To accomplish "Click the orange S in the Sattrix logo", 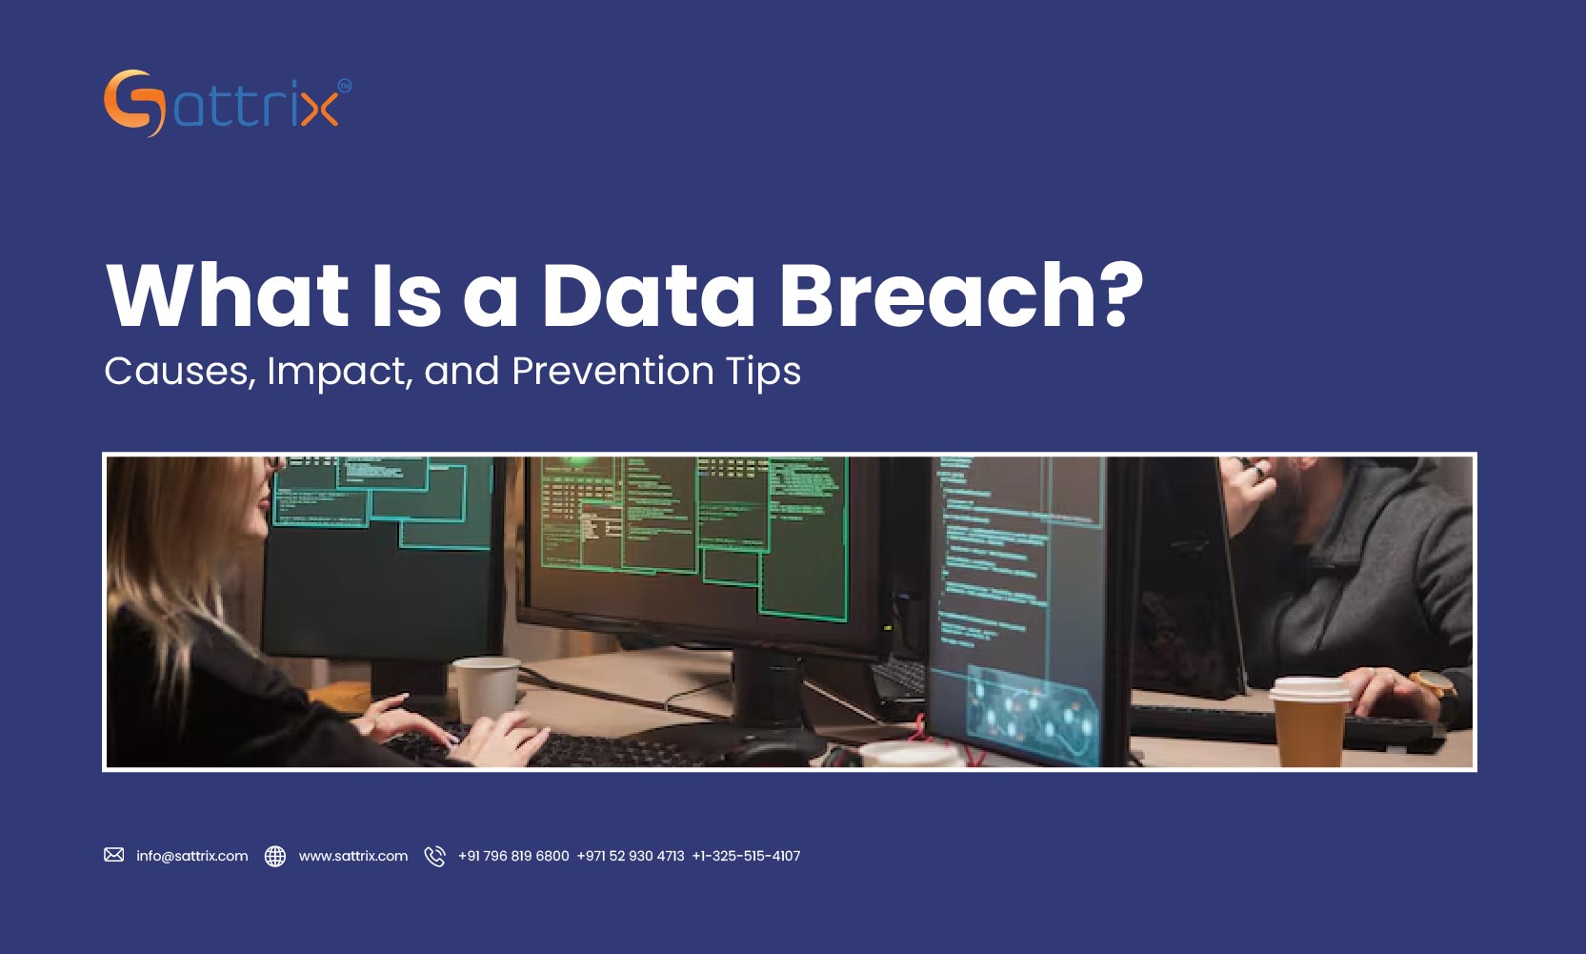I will click(x=129, y=103).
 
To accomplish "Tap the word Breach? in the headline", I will click(x=961, y=295).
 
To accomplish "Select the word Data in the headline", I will click(x=649, y=295).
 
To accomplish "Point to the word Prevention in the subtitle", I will click(x=612, y=371).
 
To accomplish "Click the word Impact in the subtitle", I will click(x=339, y=371).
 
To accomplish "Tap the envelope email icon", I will click(x=114, y=855).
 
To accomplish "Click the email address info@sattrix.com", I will click(x=191, y=856).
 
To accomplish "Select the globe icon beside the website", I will click(x=275, y=856).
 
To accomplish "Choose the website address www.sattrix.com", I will click(x=353, y=856).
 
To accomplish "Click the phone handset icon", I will click(x=434, y=856).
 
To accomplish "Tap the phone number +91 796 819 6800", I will click(x=513, y=856).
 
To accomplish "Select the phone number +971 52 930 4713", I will click(x=631, y=856).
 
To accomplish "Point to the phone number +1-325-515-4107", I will click(x=746, y=856).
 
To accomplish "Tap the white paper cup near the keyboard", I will click(x=485, y=689).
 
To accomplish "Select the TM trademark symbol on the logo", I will click(x=344, y=86).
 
